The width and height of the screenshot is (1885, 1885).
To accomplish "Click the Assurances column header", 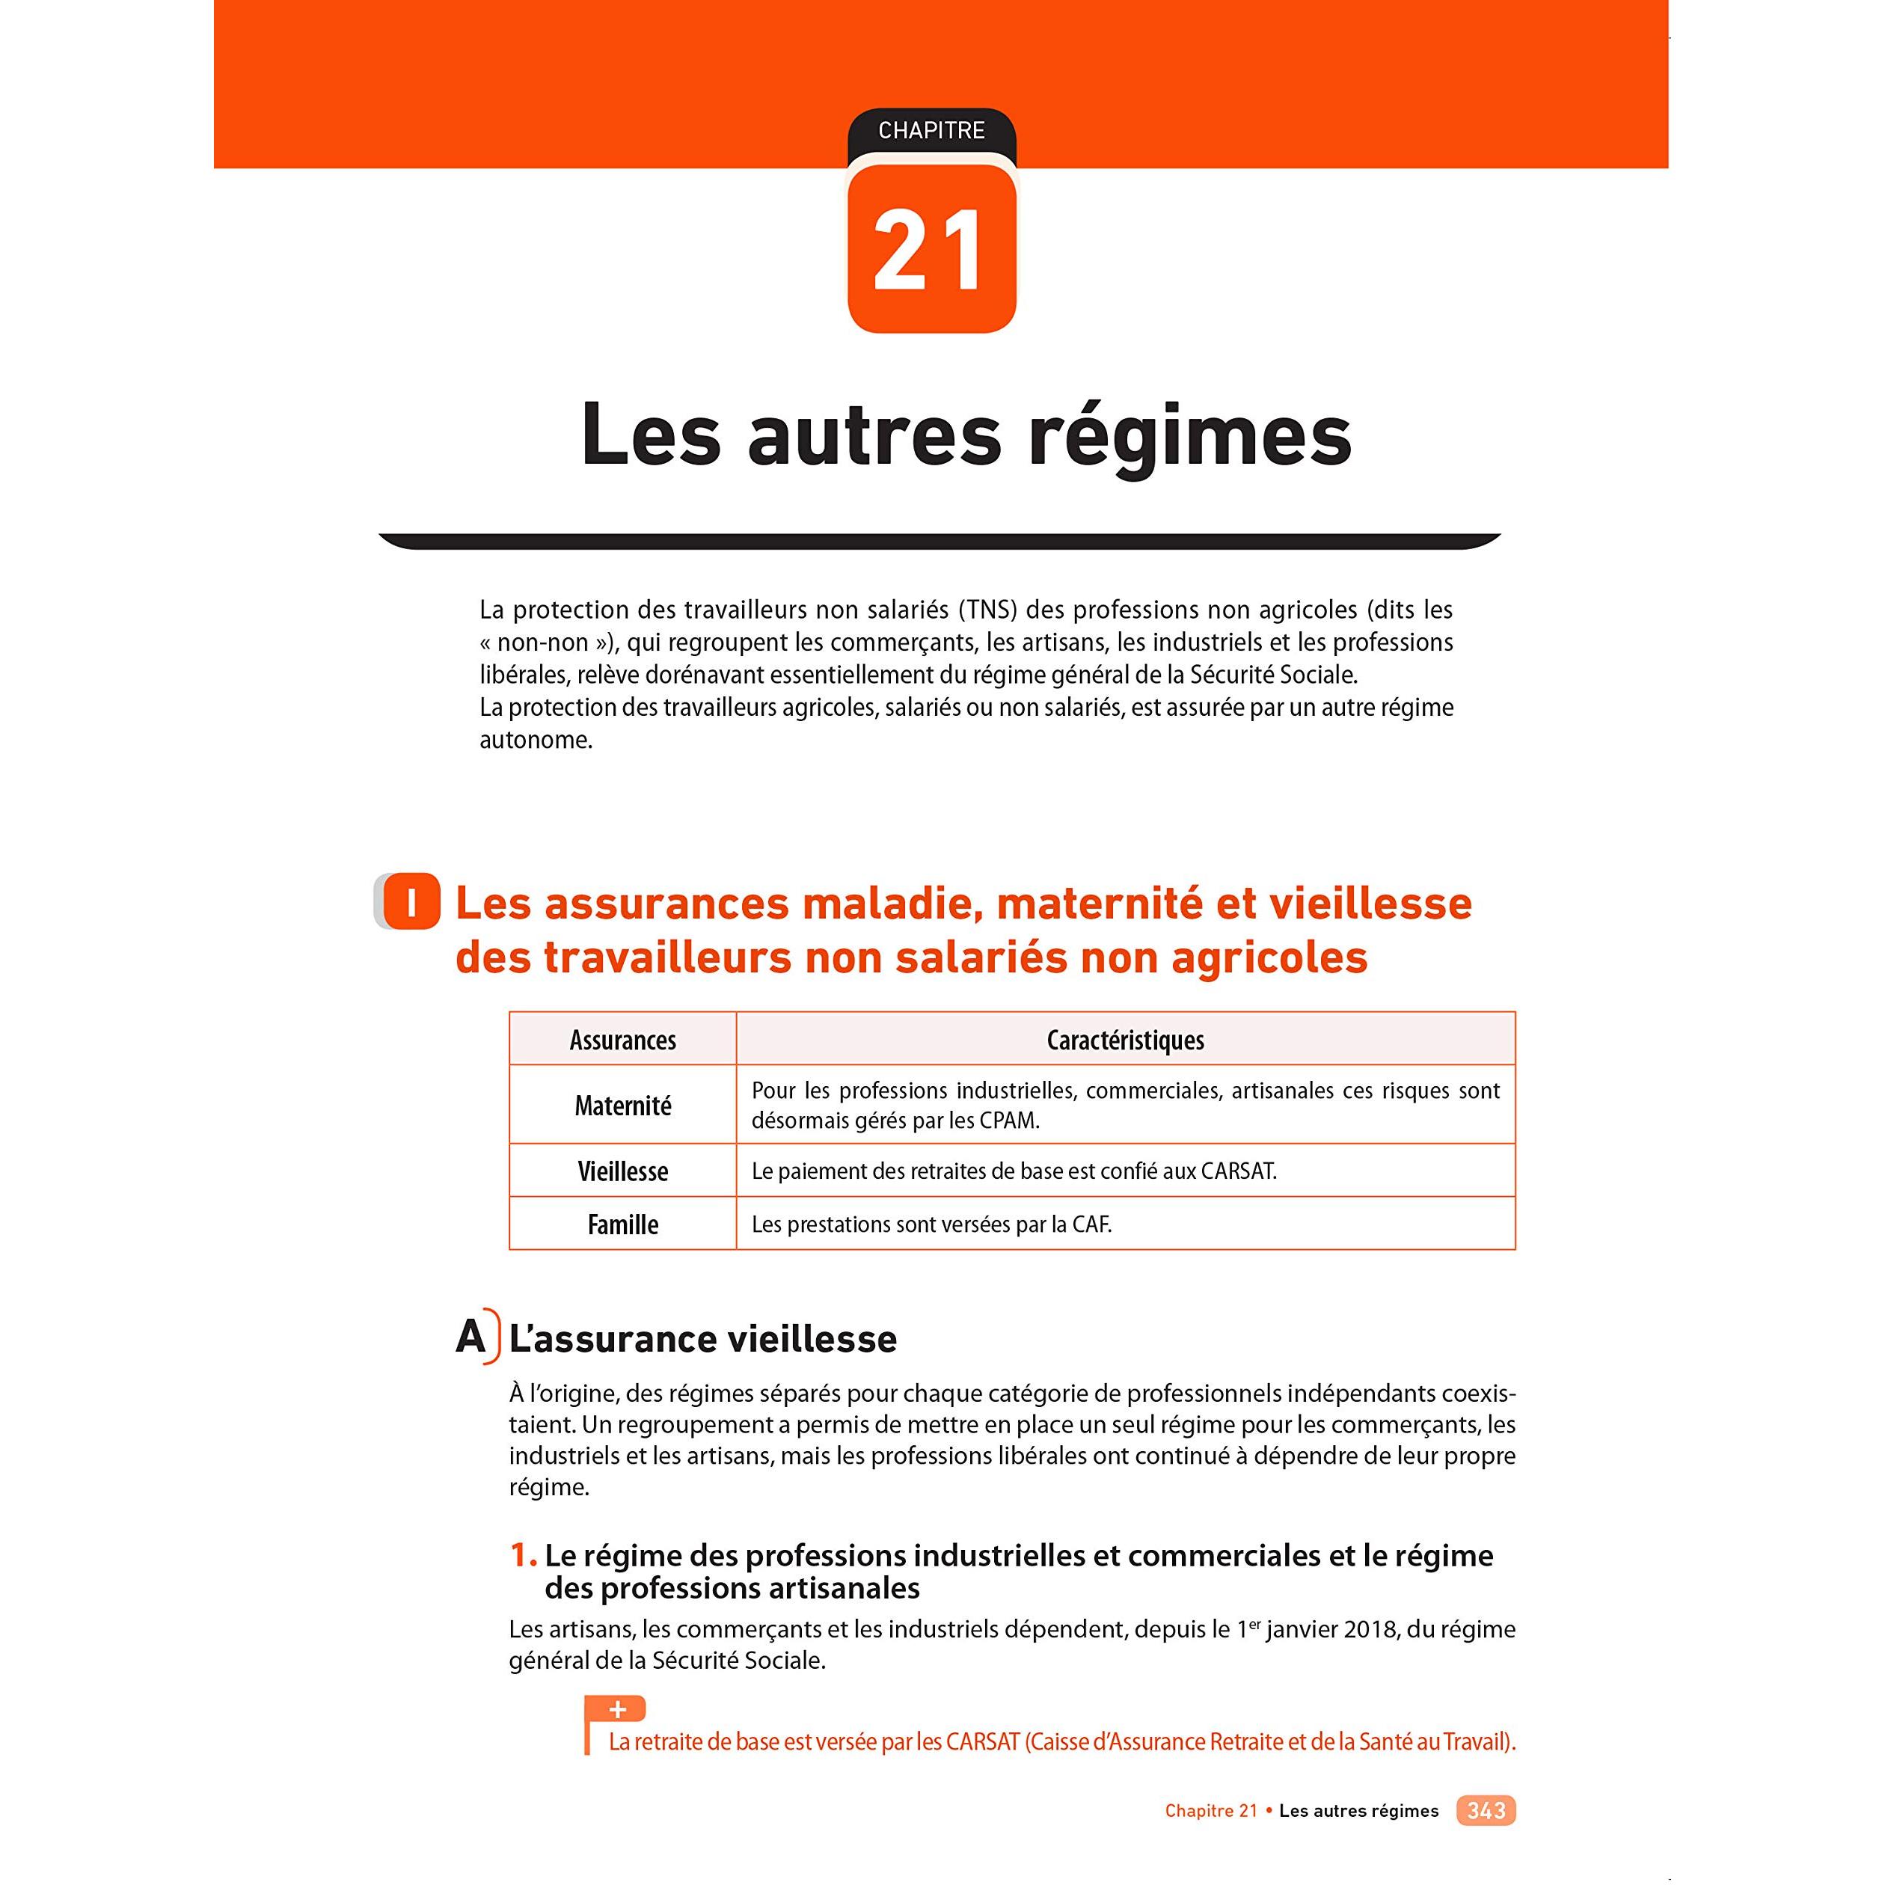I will click(x=622, y=1040).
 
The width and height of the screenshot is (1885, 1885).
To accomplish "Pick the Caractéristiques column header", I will click(x=1125, y=1040).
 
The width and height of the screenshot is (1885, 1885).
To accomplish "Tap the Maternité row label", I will click(x=622, y=1106).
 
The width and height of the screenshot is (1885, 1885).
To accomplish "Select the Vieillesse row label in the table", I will click(x=622, y=1171).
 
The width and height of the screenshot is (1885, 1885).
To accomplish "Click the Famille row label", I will click(x=622, y=1225).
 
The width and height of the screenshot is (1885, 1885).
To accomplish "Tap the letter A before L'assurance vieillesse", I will click(x=471, y=1337).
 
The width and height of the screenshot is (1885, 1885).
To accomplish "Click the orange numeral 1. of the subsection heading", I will click(x=523, y=1555).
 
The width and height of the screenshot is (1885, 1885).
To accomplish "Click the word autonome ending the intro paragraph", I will click(x=535, y=741).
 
